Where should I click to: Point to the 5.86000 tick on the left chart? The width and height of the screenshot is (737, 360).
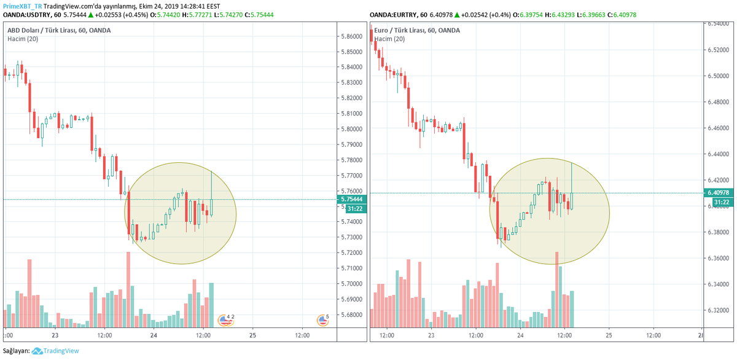351,36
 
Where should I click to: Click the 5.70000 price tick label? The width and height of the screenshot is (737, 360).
351,284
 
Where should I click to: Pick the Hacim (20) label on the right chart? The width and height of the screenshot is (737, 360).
390,39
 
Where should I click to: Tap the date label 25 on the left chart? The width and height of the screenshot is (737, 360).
252,335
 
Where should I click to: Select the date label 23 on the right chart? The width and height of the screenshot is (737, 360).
431,335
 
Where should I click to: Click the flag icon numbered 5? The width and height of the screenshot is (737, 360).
323,319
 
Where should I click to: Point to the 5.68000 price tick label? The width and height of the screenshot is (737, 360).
351,315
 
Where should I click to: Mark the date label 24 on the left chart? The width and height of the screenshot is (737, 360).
154,335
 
